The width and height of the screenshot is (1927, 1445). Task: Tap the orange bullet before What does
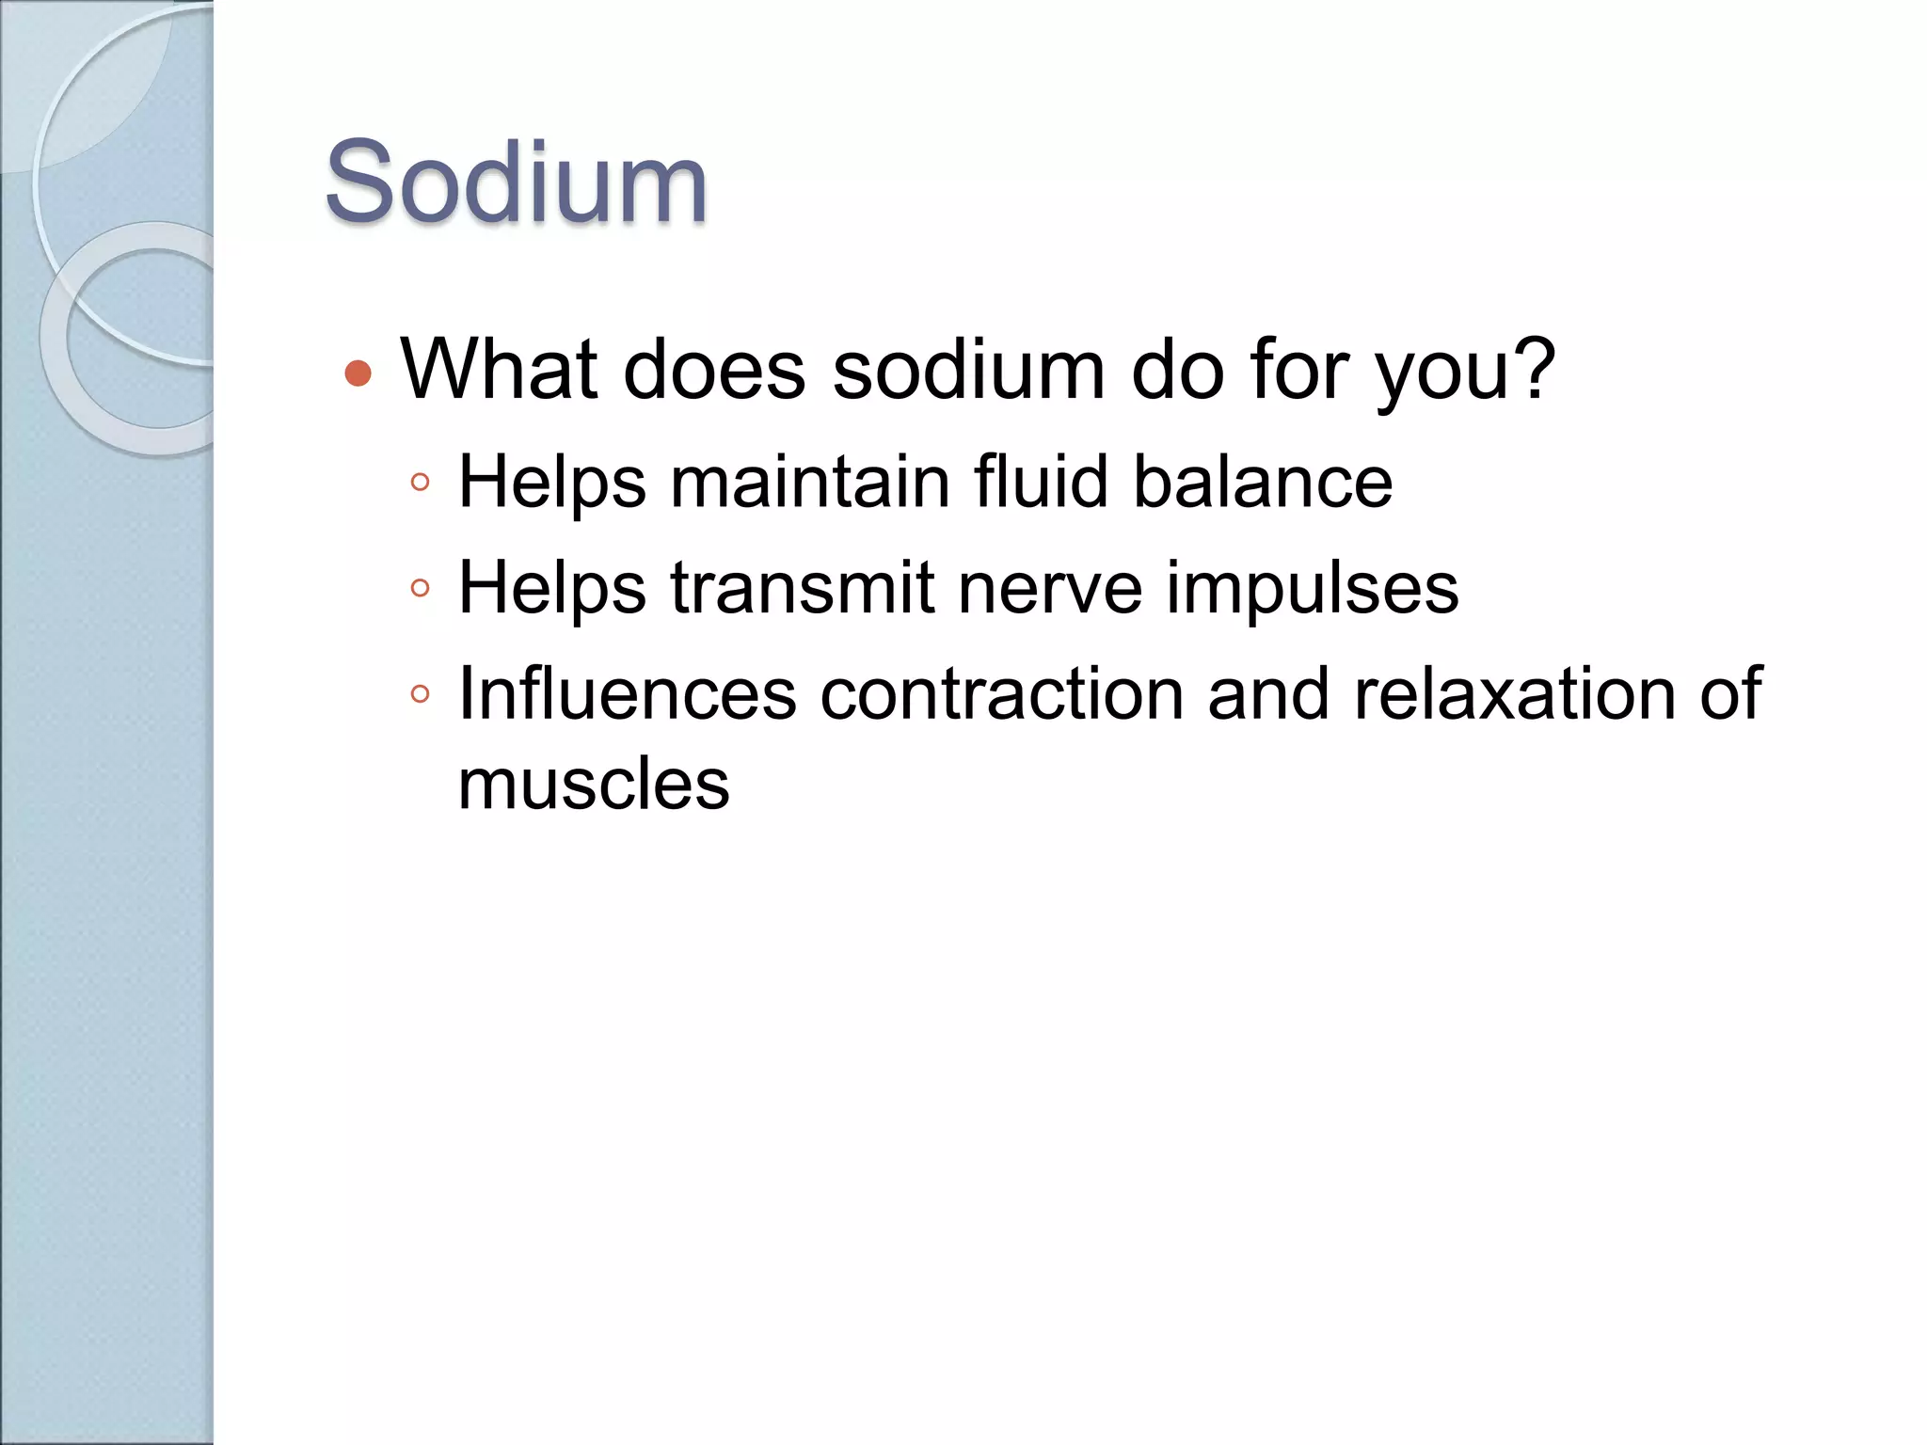point(358,373)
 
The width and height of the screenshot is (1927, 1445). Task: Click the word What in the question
point(499,369)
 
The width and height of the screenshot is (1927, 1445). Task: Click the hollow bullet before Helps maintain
point(420,484)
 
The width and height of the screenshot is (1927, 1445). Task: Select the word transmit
point(802,588)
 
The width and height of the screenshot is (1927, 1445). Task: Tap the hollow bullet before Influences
point(420,695)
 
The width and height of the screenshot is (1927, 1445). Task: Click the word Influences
point(627,694)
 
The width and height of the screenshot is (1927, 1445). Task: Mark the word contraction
point(1001,694)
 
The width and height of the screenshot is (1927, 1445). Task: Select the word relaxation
point(1515,694)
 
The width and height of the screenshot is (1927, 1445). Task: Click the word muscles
point(593,785)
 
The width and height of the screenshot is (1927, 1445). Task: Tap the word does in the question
point(714,369)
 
